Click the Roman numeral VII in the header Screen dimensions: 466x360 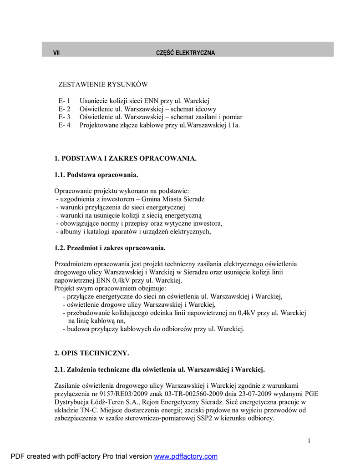tap(56, 53)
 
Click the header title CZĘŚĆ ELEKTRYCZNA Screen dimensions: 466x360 tap(185, 53)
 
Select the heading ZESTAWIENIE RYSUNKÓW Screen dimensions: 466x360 tap(103, 85)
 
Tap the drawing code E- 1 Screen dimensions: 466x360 tap(65, 101)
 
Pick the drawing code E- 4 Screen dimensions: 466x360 tap(65, 125)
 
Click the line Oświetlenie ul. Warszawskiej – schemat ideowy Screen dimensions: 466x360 tap(148, 109)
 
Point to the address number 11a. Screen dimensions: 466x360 tap(234, 125)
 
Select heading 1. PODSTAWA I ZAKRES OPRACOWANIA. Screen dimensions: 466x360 tap(126, 158)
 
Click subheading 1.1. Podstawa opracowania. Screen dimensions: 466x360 tap(96, 175)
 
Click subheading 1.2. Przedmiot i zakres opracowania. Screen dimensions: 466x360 tap(110, 248)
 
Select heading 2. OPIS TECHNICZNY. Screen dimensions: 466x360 tap(92, 353)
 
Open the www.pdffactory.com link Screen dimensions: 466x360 tap(186, 456)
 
